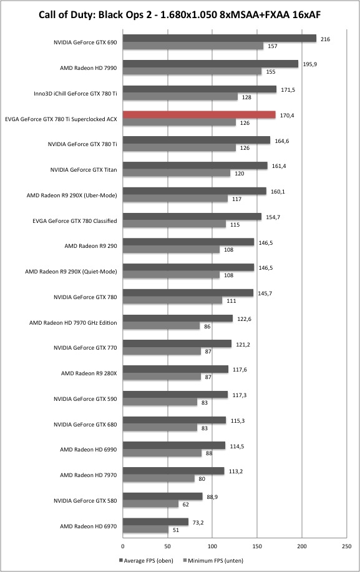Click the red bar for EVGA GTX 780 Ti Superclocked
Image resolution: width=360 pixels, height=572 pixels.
pyautogui.click(x=199, y=114)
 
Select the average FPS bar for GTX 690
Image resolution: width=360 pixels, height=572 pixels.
pyautogui.click(x=220, y=38)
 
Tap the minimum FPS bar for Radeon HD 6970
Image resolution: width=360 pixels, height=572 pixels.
pyautogui.click(x=145, y=530)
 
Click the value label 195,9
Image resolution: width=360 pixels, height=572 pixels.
pyautogui.click(x=310, y=64)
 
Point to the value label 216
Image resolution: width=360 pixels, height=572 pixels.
pyautogui.click(x=326, y=39)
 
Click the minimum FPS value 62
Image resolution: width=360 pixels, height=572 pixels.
pyautogui.click(x=186, y=505)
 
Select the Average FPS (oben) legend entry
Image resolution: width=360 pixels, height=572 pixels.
pyautogui.click(x=146, y=560)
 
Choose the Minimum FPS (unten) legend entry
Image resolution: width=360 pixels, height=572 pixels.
pyautogui.click(x=213, y=560)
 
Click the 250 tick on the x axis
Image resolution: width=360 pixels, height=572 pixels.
pyautogui.click(x=347, y=546)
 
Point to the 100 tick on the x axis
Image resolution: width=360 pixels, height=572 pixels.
pyautogui.click(x=212, y=546)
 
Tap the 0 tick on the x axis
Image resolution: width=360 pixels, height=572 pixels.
pyautogui.click(x=123, y=546)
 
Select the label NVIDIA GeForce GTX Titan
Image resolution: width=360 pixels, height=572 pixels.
pyautogui.click(x=84, y=170)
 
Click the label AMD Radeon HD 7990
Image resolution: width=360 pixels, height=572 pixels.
pyautogui.click(x=88, y=68)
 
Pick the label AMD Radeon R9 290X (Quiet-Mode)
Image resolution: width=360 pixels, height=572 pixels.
pyautogui.click(x=71, y=272)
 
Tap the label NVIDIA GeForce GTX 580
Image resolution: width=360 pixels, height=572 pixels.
pyautogui.click(x=85, y=501)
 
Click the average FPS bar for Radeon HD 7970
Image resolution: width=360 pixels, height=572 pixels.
pyautogui.click(x=173, y=471)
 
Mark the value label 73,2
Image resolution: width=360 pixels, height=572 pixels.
pyautogui.click(x=198, y=523)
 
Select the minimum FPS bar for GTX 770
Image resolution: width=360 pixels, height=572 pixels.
pyautogui.click(x=162, y=352)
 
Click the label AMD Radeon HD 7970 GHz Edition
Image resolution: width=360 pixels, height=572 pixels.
pyautogui.click(x=73, y=322)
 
